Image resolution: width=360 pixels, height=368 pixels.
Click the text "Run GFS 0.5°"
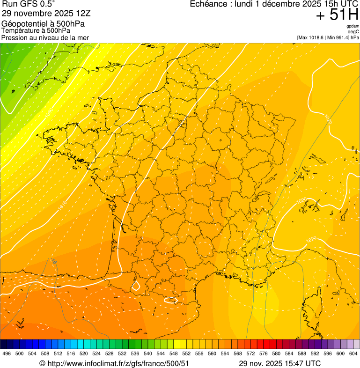pos(28,5)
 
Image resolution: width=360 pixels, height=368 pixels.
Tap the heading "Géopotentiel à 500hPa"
pos(43,24)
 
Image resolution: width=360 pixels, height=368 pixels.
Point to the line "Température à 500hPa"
pos(39,31)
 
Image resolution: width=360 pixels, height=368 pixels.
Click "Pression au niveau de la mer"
pos(45,37)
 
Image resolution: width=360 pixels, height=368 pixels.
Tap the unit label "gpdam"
pos(353,26)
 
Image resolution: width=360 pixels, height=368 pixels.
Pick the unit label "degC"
pos(353,32)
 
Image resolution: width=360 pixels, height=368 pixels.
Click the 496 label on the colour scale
pos(7,353)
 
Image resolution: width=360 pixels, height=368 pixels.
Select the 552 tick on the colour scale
pos(186,353)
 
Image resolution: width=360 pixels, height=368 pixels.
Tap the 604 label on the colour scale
pos(353,353)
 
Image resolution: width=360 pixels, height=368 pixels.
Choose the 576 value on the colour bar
pos(264,353)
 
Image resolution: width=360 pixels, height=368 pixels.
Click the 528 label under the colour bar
pos(110,353)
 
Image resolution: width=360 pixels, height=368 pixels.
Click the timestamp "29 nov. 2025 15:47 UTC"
pos(279,363)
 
